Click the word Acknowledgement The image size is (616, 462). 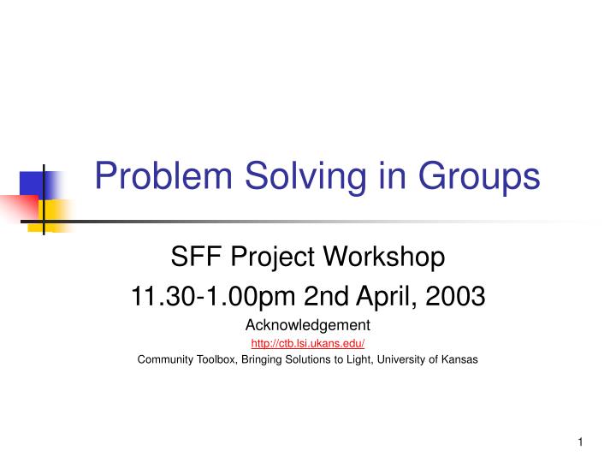click(x=308, y=325)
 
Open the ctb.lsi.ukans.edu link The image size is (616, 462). click(x=308, y=343)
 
